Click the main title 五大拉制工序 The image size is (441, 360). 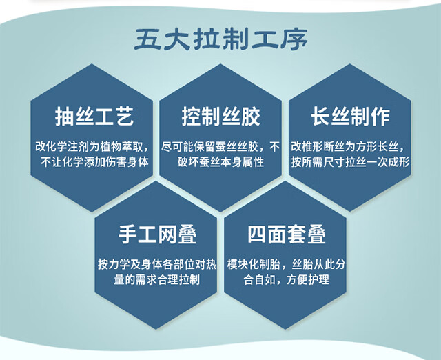(x=220, y=39)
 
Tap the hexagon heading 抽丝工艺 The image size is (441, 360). (x=94, y=117)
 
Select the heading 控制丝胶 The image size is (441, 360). (x=220, y=117)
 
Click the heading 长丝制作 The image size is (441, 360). (x=350, y=117)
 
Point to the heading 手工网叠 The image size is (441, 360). (x=157, y=234)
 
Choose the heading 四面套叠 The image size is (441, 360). (x=287, y=234)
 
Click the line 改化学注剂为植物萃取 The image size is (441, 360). (x=92, y=147)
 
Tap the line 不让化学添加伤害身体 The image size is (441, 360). (x=94, y=162)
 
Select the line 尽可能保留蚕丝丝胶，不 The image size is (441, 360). (x=220, y=147)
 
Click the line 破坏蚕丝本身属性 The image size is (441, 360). (x=220, y=162)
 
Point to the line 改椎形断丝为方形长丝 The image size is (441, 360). (x=348, y=147)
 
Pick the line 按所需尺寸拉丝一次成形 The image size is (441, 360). (x=351, y=162)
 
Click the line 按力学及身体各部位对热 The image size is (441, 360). (x=157, y=264)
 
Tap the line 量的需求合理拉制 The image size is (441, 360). (x=157, y=279)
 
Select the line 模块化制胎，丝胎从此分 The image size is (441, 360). (x=287, y=264)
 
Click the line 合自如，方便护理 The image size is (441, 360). (x=287, y=279)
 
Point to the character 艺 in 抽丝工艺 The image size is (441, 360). (x=124, y=117)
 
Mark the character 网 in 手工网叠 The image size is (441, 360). (x=167, y=234)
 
